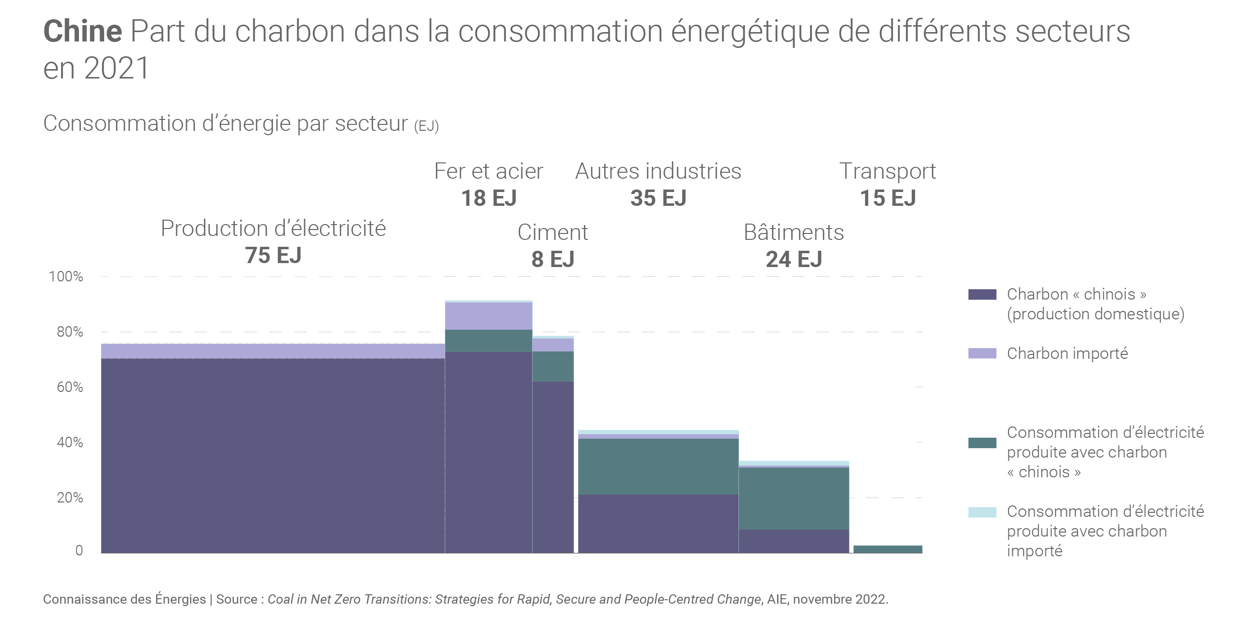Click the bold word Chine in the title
coord(82,31)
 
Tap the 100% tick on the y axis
coord(66,276)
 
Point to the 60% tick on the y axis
coord(70,387)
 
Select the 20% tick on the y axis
coord(70,498)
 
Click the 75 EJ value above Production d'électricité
coord(273,256)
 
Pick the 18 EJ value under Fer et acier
coord(489,198)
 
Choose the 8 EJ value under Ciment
coord(553,260)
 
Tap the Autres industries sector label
coord(658,171)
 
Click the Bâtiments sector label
coord(794,232)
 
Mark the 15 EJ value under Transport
coord(887,198)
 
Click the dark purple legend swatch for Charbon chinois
coord(982,295)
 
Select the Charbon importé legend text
coord(1067,353)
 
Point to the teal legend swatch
coord(982,443)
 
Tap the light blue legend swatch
coord(982,512)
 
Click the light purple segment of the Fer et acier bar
coord(489,316)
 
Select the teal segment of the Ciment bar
coord(553,366)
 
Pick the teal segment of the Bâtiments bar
coord(794,499)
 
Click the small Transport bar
coord(887,549)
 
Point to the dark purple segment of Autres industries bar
coord(658,523)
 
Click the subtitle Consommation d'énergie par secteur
coord(225,123)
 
